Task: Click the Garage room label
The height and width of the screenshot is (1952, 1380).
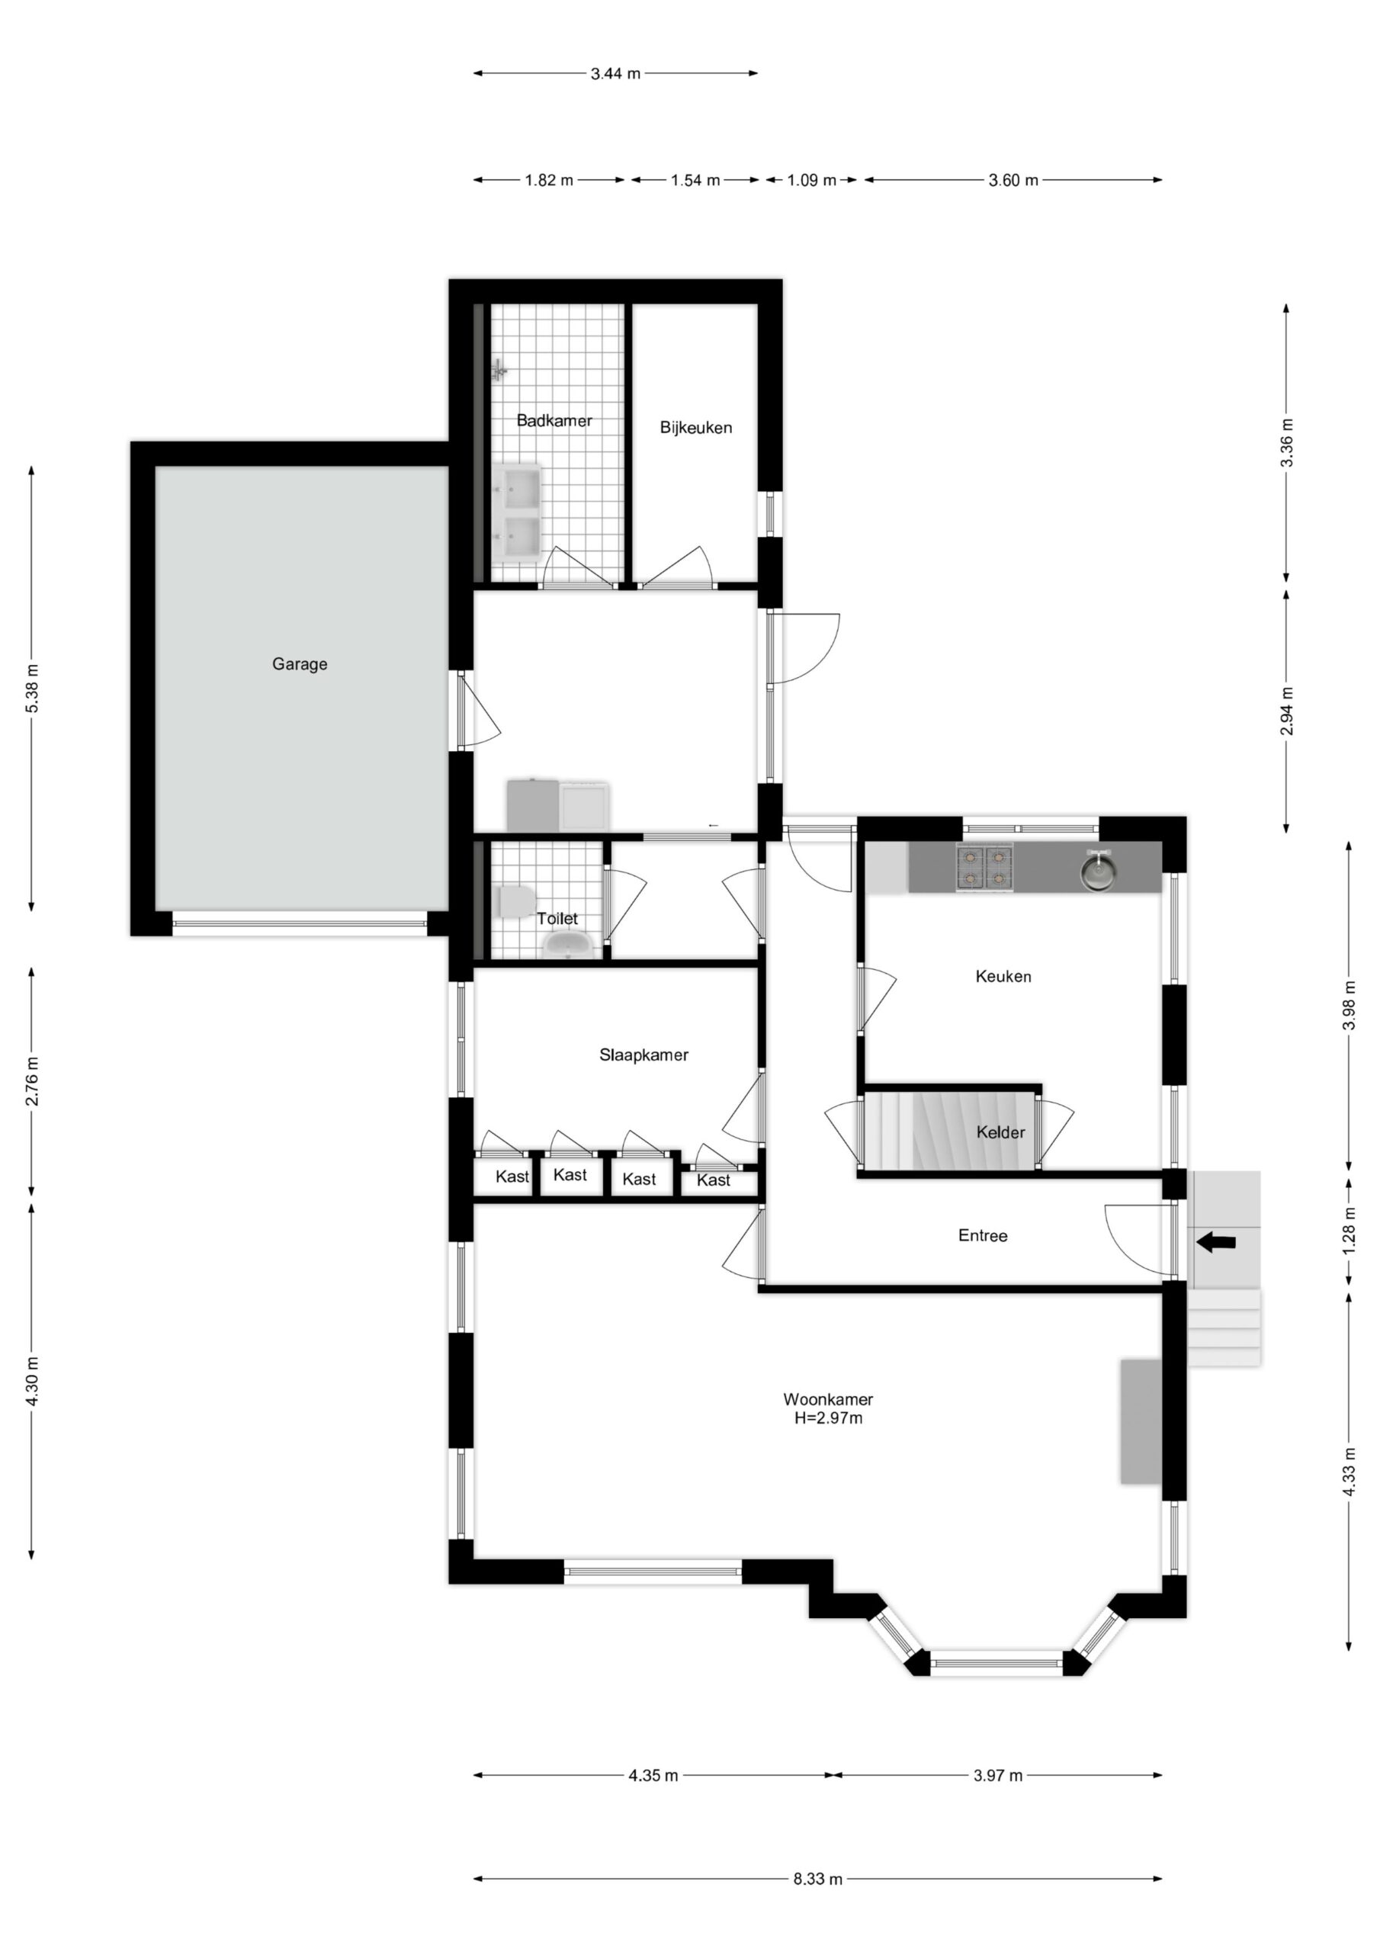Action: [x=300, y=664]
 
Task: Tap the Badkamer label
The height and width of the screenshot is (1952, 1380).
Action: [x=554, y=420]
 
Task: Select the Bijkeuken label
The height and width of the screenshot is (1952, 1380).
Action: [x=695, y=428]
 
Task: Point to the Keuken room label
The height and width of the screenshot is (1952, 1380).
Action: [x=1003, y=976]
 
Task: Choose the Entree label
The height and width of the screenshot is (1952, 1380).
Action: [x=983, y=1235]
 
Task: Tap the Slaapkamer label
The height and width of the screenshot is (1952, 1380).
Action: [x=643, y=1055]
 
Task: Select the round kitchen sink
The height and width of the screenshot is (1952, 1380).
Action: [x=1098, y=871]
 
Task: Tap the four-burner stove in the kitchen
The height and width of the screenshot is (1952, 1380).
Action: [x=984, y=867]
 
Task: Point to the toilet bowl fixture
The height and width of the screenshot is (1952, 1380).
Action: [x=515, y=902]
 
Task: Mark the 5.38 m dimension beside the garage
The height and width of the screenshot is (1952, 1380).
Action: [x=32, y=688]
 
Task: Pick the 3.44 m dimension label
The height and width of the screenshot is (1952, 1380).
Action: [x=615, y=74]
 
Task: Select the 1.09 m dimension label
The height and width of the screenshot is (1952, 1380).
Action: [x=812, y=180]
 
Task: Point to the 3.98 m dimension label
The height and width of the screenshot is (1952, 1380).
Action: [x=1349, y=1006]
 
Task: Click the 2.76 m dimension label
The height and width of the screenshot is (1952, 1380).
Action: [x=32, y=1081]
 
